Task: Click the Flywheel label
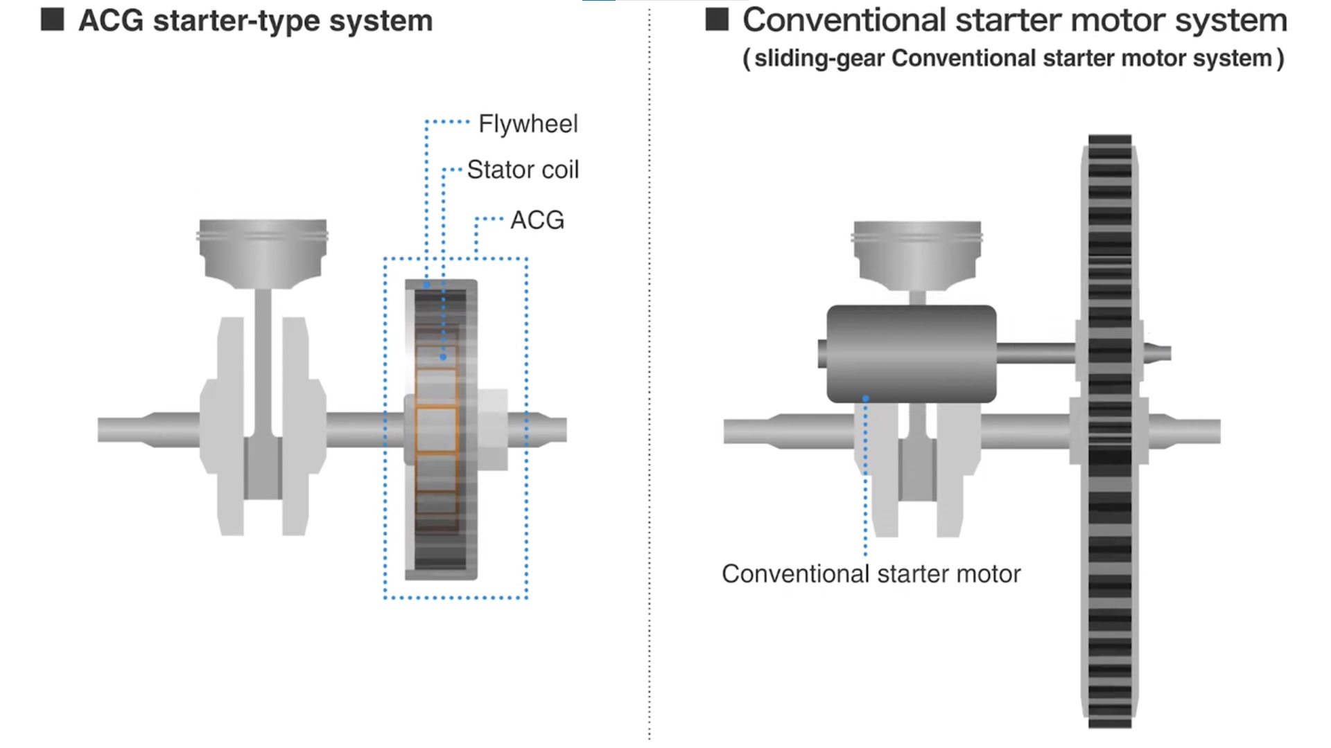(528, 124)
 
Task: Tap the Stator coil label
(523, 170)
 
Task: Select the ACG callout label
(537, 220)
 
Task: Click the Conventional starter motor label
(871, 574)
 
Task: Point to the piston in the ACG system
(263, 252)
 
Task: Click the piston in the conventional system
(916, 253)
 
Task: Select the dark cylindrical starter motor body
(911, 353)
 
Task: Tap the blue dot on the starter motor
(865, 398)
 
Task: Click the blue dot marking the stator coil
(443, 357)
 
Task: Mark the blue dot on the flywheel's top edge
(426, 284)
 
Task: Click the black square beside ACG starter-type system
(53, 19)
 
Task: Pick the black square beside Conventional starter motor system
(717, 19)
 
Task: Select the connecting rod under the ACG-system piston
(263, 360)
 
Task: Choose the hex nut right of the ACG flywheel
(493, 429)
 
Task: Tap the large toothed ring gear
(1109, 554)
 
